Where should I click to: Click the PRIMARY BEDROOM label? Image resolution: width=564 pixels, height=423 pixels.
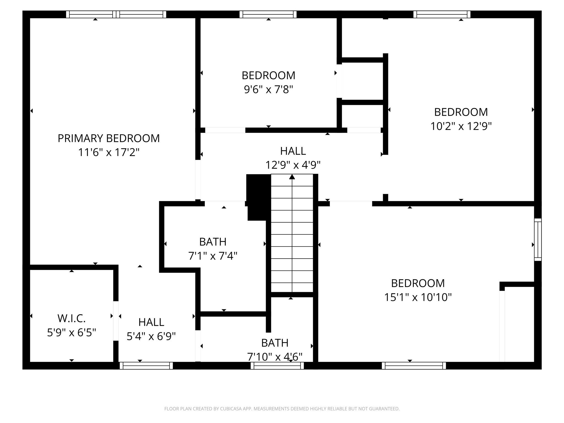tap(109, 138)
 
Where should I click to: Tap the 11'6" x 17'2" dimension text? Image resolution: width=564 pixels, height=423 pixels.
tap(109, 152)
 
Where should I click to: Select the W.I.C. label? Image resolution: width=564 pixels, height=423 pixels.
tap(72, 319)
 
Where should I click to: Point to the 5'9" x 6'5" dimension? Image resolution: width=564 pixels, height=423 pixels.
tap(72, 333)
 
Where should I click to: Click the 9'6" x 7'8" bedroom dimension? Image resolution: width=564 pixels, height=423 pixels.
tap(269, 90)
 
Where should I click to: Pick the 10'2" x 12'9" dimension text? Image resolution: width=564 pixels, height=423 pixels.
tap(461, 126)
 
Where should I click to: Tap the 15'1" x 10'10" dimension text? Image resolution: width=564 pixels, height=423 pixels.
tap(418, 297)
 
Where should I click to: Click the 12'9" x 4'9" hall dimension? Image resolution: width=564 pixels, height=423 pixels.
tap(293, 165)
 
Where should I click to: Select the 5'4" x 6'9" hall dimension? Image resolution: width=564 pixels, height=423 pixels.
tap(151, 336)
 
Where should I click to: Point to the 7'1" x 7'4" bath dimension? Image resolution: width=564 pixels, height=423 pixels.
tap(213, 256)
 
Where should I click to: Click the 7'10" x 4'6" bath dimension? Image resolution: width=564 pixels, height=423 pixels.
tap(275, 357)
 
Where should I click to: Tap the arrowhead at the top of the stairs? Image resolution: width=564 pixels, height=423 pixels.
tap(292, 177)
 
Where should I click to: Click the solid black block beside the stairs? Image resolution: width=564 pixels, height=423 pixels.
tap(258, 197)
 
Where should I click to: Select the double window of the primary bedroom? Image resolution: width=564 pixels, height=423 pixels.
tap(116, 14)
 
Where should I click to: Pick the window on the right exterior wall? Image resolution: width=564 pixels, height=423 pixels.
tap(538, 240)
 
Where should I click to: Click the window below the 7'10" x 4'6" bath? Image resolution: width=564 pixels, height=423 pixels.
tap(277, 366)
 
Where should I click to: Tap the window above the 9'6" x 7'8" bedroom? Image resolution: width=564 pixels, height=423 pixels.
tap(268, 14)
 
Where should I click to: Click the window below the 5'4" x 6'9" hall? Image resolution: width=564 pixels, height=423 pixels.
tap(146, 366)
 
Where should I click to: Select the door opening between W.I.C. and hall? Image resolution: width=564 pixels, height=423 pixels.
tap(116, 321)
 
